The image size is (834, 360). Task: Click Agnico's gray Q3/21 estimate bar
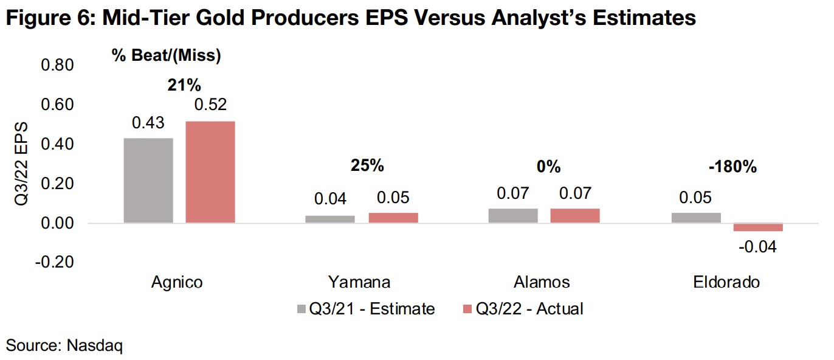click(148, 181)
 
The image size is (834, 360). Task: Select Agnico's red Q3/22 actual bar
click(210, 172)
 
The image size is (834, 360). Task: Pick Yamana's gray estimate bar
click(331, 220)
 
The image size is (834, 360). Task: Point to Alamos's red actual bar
click(575, 216)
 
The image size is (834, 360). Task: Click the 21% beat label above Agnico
click(184, 85)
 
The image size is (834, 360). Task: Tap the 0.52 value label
click(210, 105)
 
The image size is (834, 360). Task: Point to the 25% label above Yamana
click(368, 165)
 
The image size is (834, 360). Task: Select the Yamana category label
click(359, 282)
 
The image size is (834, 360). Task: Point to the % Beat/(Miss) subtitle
click(166, 56)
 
